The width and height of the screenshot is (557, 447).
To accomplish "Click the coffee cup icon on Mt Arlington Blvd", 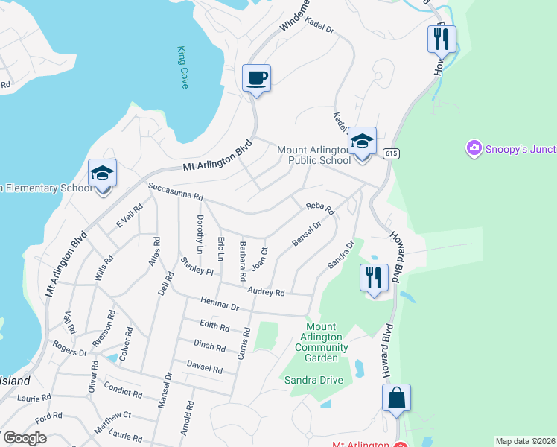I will pyautogui.click(x=256, y=77).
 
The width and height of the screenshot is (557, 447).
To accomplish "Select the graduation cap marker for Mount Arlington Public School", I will pyautogui.click(x=362, y=141).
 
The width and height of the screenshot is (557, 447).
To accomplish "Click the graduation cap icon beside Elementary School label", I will pyautogui.click(x=102, y=174).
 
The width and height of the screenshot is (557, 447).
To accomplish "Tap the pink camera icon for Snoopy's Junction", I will pyautogui.click(x=474, y=149).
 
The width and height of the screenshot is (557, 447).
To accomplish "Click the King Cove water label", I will pyautogui.click(x=182, y=67).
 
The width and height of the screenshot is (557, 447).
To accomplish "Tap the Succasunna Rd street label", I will pyautogui.click(x=176, y=191).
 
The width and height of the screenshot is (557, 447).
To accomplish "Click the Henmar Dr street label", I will pyautogui.click(x=219, y=302).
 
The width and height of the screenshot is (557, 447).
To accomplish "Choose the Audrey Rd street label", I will pyautogui.click(x=267, y=292).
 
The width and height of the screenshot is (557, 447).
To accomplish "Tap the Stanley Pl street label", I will pyautogui.click(x=197, y=265).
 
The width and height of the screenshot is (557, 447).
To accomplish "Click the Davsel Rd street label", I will pyautogui.click(x=205, y=368).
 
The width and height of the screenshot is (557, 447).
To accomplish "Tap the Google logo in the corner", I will pyautogui.click(x=25, y=438).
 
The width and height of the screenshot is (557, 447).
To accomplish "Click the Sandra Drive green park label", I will pyautogui.click(x=313, y=380).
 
